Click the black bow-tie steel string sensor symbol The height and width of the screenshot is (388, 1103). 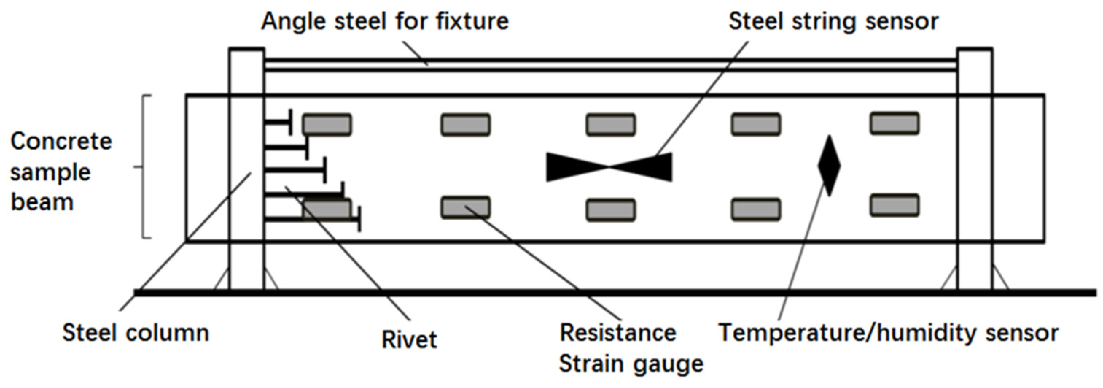tap(609, 167)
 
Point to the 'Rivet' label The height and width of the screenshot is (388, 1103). tap(409, 340)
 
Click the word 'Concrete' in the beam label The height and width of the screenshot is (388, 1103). tap(61, 142)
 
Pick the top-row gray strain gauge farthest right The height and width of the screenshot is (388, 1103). tap(895, 123)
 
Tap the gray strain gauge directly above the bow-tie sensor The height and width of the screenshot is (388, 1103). tap(611, 125)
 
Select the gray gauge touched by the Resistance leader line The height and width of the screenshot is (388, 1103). tap(465, 207)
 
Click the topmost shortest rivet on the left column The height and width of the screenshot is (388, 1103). tap(278, 123)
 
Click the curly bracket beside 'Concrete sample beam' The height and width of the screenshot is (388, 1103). tap(144, 166)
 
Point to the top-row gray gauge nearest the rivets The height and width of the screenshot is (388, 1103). tap(327, 125)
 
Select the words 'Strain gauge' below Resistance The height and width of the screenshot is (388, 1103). tap(631, 364)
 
